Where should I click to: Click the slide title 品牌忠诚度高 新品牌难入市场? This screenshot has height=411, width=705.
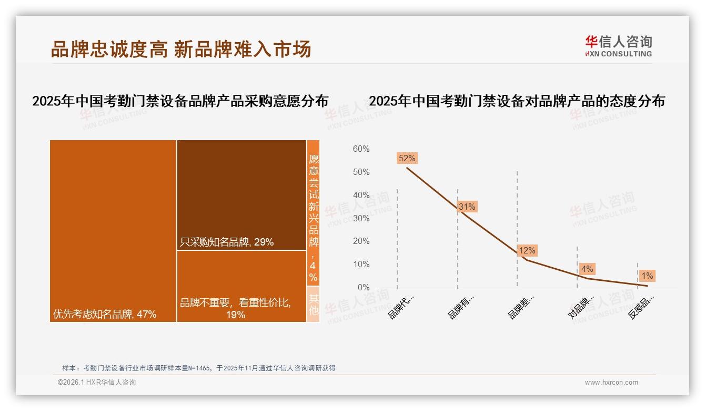pos(181,49)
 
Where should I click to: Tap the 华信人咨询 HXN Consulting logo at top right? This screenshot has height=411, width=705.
pos(618,46)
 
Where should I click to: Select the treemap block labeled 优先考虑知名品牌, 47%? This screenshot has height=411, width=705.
pos(113,231)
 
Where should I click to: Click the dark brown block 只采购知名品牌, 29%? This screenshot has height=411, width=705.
pos(241,194)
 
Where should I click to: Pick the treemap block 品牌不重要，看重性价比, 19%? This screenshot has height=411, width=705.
pos(241,286)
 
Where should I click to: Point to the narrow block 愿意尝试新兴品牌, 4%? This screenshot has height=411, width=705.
pos(313,213)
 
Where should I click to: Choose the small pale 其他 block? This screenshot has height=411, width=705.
pos(313,304)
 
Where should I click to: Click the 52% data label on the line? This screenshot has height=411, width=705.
pos(407,158)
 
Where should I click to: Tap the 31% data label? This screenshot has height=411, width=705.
pos(467,207)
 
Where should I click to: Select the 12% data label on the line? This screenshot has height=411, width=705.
pos(527,250)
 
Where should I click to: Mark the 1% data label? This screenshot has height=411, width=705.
pos(647,276)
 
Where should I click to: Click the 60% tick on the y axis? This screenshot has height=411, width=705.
pos(361,149)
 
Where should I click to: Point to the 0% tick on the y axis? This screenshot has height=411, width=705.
pos(363,287)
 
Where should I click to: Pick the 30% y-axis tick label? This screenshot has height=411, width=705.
pos(361,218)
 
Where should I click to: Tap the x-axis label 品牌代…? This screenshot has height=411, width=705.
pos(401,307)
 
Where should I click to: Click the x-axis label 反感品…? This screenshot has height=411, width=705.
pos(641,307)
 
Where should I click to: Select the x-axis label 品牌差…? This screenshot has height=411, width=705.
pos(521,307)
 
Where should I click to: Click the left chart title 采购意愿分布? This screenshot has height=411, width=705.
pos(180,101)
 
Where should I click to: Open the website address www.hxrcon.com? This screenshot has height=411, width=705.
pos(611,383)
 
